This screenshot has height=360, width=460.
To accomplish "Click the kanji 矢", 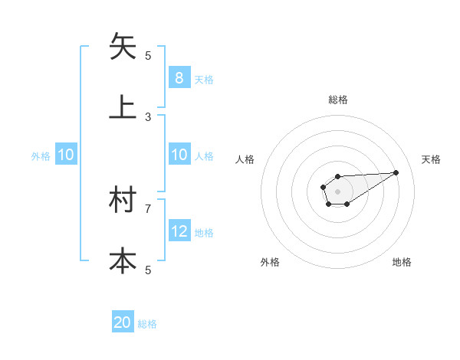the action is coord(123,47).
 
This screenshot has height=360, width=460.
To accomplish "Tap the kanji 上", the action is coord(123,107).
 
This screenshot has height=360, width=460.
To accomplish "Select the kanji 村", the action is coord(123,201).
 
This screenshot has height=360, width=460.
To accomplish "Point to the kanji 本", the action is coord(123,261).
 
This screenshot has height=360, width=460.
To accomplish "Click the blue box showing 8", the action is coord(179,78).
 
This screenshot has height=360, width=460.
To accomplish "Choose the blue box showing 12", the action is coord(179,231).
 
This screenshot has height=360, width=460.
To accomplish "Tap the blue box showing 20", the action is coord(123,323).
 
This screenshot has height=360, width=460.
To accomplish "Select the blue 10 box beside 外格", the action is coord(65,155).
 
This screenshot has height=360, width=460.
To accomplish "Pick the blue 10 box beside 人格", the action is coord(179,155).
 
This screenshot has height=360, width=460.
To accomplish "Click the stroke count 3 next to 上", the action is coord(149,116).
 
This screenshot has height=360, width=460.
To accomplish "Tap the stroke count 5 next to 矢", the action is coord(149,55).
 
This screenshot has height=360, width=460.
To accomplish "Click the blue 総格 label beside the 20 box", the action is coord(147,324).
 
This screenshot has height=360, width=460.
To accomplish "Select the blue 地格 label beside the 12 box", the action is coord(204,232).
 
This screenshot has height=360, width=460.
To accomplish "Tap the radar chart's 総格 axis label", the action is coord(337,100).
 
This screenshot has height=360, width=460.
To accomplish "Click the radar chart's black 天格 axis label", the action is coord(431,159).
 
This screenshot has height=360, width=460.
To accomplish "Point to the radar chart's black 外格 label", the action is coord(270,262).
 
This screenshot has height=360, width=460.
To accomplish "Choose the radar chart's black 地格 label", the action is coord(402,262).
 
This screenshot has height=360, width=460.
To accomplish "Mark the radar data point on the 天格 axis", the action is coord(396,172).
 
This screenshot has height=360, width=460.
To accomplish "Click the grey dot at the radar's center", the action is coord(337,191).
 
